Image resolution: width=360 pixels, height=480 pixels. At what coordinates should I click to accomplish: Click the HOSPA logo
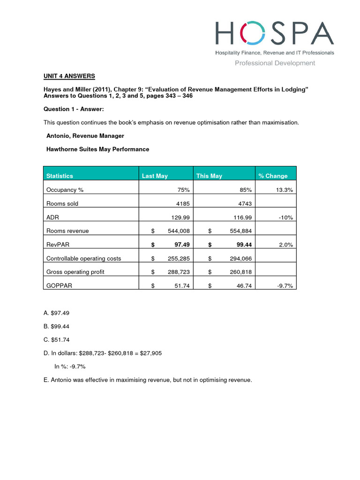[274, 34]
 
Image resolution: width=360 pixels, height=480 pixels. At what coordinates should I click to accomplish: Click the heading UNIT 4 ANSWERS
[69, 76]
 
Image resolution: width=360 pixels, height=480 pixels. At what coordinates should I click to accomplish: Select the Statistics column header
[60, 176]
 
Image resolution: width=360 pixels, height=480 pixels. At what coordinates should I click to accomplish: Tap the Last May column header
[155, 176]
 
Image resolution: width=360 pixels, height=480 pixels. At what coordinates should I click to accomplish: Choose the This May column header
[209, 176]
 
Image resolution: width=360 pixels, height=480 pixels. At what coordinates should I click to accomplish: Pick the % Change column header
[273, 176]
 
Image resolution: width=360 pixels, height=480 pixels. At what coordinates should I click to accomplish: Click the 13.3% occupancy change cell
[284, 190]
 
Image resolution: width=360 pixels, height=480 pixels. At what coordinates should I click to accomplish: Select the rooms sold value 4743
[243, 203]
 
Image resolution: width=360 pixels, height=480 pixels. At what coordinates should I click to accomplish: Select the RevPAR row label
[58, 244]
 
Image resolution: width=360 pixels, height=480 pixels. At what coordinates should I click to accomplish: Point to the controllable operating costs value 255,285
[178, 258]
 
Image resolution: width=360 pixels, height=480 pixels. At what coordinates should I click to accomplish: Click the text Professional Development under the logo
[275, 63]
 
